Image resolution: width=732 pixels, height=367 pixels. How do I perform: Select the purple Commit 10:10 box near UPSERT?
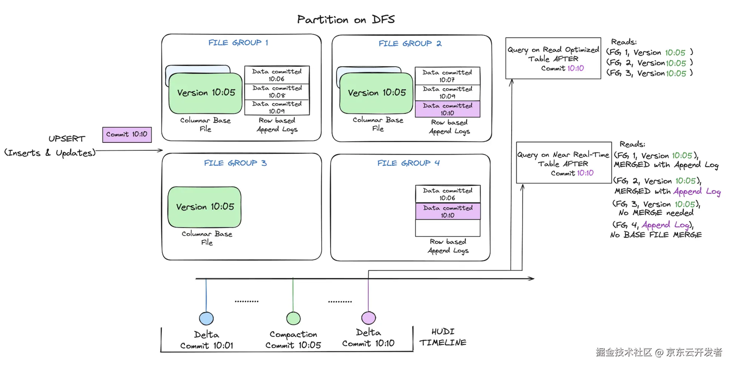click(x=126, y=134)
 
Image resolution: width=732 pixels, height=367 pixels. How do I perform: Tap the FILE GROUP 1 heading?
click(x=238, y=43)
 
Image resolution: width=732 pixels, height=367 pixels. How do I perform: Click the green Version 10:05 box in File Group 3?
click(x=205, y=207)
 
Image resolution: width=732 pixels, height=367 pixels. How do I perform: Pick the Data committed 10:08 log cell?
click(x=277, y=91)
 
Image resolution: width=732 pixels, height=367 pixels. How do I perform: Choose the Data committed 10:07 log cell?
click(x=447, y=76)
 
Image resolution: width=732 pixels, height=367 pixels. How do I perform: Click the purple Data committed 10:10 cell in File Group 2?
click(x=447, y=109)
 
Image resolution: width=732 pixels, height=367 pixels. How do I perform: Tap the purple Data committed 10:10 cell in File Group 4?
click(x=448, y=211)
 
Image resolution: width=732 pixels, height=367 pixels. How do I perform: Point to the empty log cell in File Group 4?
click(x=448, y=228)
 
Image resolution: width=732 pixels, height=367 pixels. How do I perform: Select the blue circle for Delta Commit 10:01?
click(x=206, y=318)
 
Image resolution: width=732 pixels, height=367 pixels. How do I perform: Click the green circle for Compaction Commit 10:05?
click(x=293, y=318)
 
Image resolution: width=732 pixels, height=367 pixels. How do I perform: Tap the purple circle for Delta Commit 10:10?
click(x=368, y=318)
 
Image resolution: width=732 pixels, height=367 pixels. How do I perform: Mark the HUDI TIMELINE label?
click(x=443, y=337)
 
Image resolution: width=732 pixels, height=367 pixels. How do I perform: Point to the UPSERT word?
click(x=67, y=139)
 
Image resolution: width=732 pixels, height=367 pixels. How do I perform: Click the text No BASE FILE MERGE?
click(x=656, y=234)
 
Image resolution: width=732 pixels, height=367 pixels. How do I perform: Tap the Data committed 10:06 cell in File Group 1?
click(x=277, y=75)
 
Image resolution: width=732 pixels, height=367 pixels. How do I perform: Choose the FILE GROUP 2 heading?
click(x=410, y=44)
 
